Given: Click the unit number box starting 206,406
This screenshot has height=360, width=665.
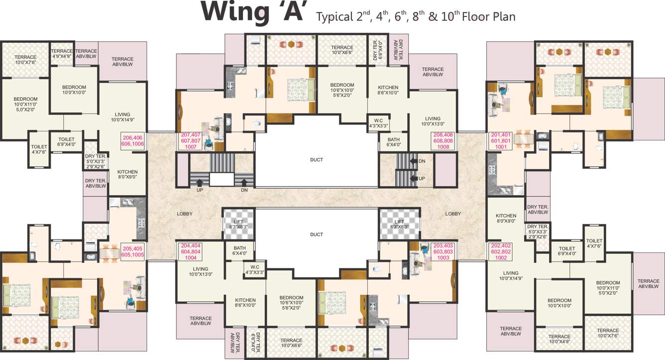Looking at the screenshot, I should (132, 140).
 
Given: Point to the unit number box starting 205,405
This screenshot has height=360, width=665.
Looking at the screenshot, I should (132, 251).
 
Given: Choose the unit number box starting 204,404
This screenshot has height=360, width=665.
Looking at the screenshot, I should (191, 251).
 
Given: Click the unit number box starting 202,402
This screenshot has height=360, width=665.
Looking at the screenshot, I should (501, 251).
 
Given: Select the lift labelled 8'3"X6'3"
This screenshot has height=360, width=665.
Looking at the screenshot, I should (399, 224).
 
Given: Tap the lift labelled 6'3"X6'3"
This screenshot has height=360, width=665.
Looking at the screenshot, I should (238, 224).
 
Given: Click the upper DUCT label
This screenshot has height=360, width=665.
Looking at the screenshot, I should (316, 160).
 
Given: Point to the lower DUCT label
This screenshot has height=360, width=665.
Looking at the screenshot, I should (316, 235).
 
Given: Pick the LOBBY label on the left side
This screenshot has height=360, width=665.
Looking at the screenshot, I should (184, 214).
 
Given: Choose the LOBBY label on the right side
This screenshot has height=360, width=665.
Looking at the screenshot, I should (453, 214).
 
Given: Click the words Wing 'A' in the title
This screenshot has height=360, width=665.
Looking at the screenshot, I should (252, 13).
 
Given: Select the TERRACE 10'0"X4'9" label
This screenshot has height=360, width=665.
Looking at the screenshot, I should (559, 340).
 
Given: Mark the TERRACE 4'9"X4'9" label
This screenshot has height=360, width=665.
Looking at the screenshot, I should (62, 54).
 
